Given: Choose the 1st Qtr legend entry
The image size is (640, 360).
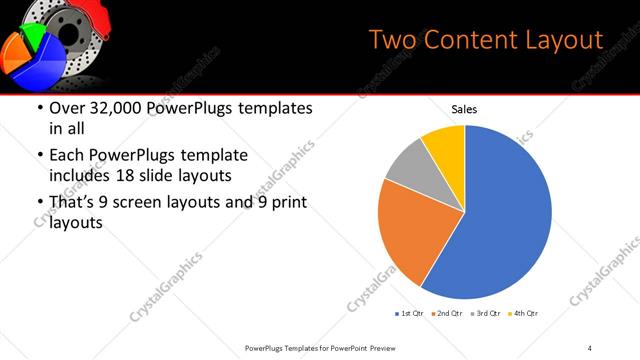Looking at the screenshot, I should (x=411, y=314).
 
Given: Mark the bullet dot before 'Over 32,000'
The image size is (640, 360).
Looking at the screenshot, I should (x=39, y=108).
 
